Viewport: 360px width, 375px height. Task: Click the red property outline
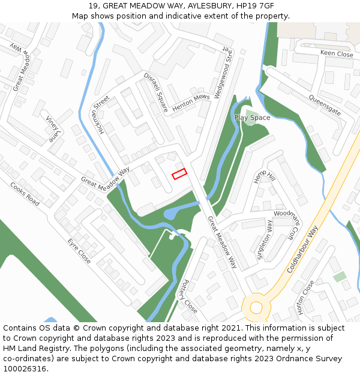179,174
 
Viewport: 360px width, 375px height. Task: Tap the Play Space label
252,118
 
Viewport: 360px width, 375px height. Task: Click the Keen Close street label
337,53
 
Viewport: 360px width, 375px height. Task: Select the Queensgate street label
325,105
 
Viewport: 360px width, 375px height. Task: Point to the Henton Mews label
191,103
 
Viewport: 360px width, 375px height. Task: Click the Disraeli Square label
155,92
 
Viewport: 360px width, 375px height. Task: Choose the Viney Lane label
53,130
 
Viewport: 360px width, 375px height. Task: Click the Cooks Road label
25,194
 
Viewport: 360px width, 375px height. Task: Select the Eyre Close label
79,251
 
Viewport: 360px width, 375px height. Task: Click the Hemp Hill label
263,176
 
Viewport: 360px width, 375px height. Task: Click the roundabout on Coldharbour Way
256,307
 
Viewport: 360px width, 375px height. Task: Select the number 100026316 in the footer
25,368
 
